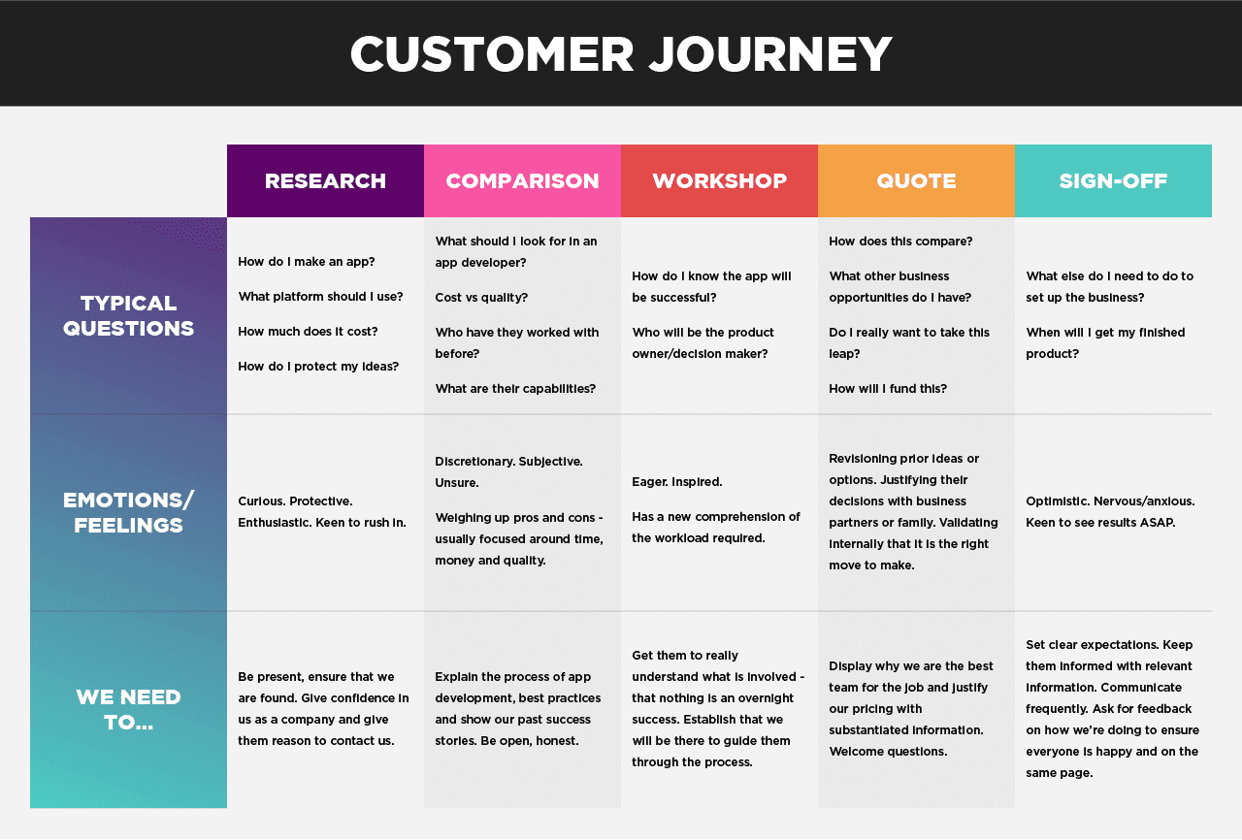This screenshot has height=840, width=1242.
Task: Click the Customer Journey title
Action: click(x=621, y=54)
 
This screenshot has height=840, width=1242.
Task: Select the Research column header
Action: click(x=325, y=181)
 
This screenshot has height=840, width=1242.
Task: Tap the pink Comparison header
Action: click(x=522, y=181)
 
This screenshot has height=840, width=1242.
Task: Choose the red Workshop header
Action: click(x=719, y=181)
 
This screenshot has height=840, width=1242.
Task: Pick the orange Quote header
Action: click(x=916, y=181)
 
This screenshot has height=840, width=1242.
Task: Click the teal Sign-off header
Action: click(x=1113, y=181)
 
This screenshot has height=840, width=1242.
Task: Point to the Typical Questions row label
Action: click(x=128, y=315)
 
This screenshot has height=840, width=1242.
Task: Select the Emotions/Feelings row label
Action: click(x=128, y=512)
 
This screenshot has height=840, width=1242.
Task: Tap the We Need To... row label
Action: click(x=128, y=709)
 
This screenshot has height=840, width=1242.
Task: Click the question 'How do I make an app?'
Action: click(x=307, y=262)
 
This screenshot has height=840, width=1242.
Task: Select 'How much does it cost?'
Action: click(x=308, y=332)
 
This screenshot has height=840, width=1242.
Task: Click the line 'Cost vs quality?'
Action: click(x=481, y=298)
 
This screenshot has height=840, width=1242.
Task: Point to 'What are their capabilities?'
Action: click(x=515, y=389)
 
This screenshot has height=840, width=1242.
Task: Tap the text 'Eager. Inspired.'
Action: click(x=677, y=482)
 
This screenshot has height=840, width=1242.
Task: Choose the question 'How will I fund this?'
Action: click(x=888, y=389)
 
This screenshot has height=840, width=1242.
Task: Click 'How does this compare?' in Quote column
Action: click(x=900, y=242)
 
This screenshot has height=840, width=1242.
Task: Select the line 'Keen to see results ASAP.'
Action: click(x=1100, y=523)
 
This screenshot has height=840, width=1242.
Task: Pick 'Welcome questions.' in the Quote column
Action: click(x=888, y=751)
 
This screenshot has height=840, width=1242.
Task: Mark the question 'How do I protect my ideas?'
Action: click(x=318, y=367)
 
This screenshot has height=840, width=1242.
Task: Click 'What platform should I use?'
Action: click(x=320, y=297)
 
